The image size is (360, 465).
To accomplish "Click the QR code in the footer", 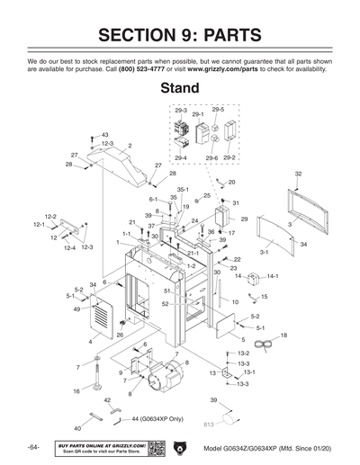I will [154, 448].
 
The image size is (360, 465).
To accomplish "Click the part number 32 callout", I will [298, 173].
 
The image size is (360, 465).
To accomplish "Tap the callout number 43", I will [104, 134].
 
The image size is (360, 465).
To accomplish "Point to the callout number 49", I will [76, 309].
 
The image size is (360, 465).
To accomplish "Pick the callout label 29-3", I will [181, 110].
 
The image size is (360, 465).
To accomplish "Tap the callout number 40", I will [77, 429].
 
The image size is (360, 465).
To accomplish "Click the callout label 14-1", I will [272, 276].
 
